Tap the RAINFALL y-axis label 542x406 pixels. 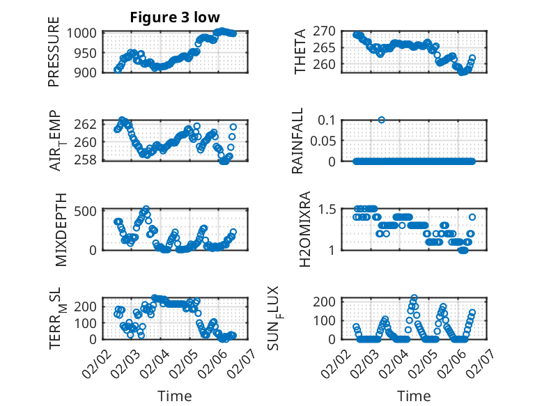point(297,141)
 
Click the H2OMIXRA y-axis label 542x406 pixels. point(304,228)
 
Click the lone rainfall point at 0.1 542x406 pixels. point(382,120)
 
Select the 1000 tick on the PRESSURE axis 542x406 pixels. point(84,33)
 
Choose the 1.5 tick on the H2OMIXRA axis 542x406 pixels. point(330,209)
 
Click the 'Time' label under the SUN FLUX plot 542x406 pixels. point(414,396)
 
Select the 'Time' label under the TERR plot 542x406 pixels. point(175,396)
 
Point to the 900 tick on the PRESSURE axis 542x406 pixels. point(88,72)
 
